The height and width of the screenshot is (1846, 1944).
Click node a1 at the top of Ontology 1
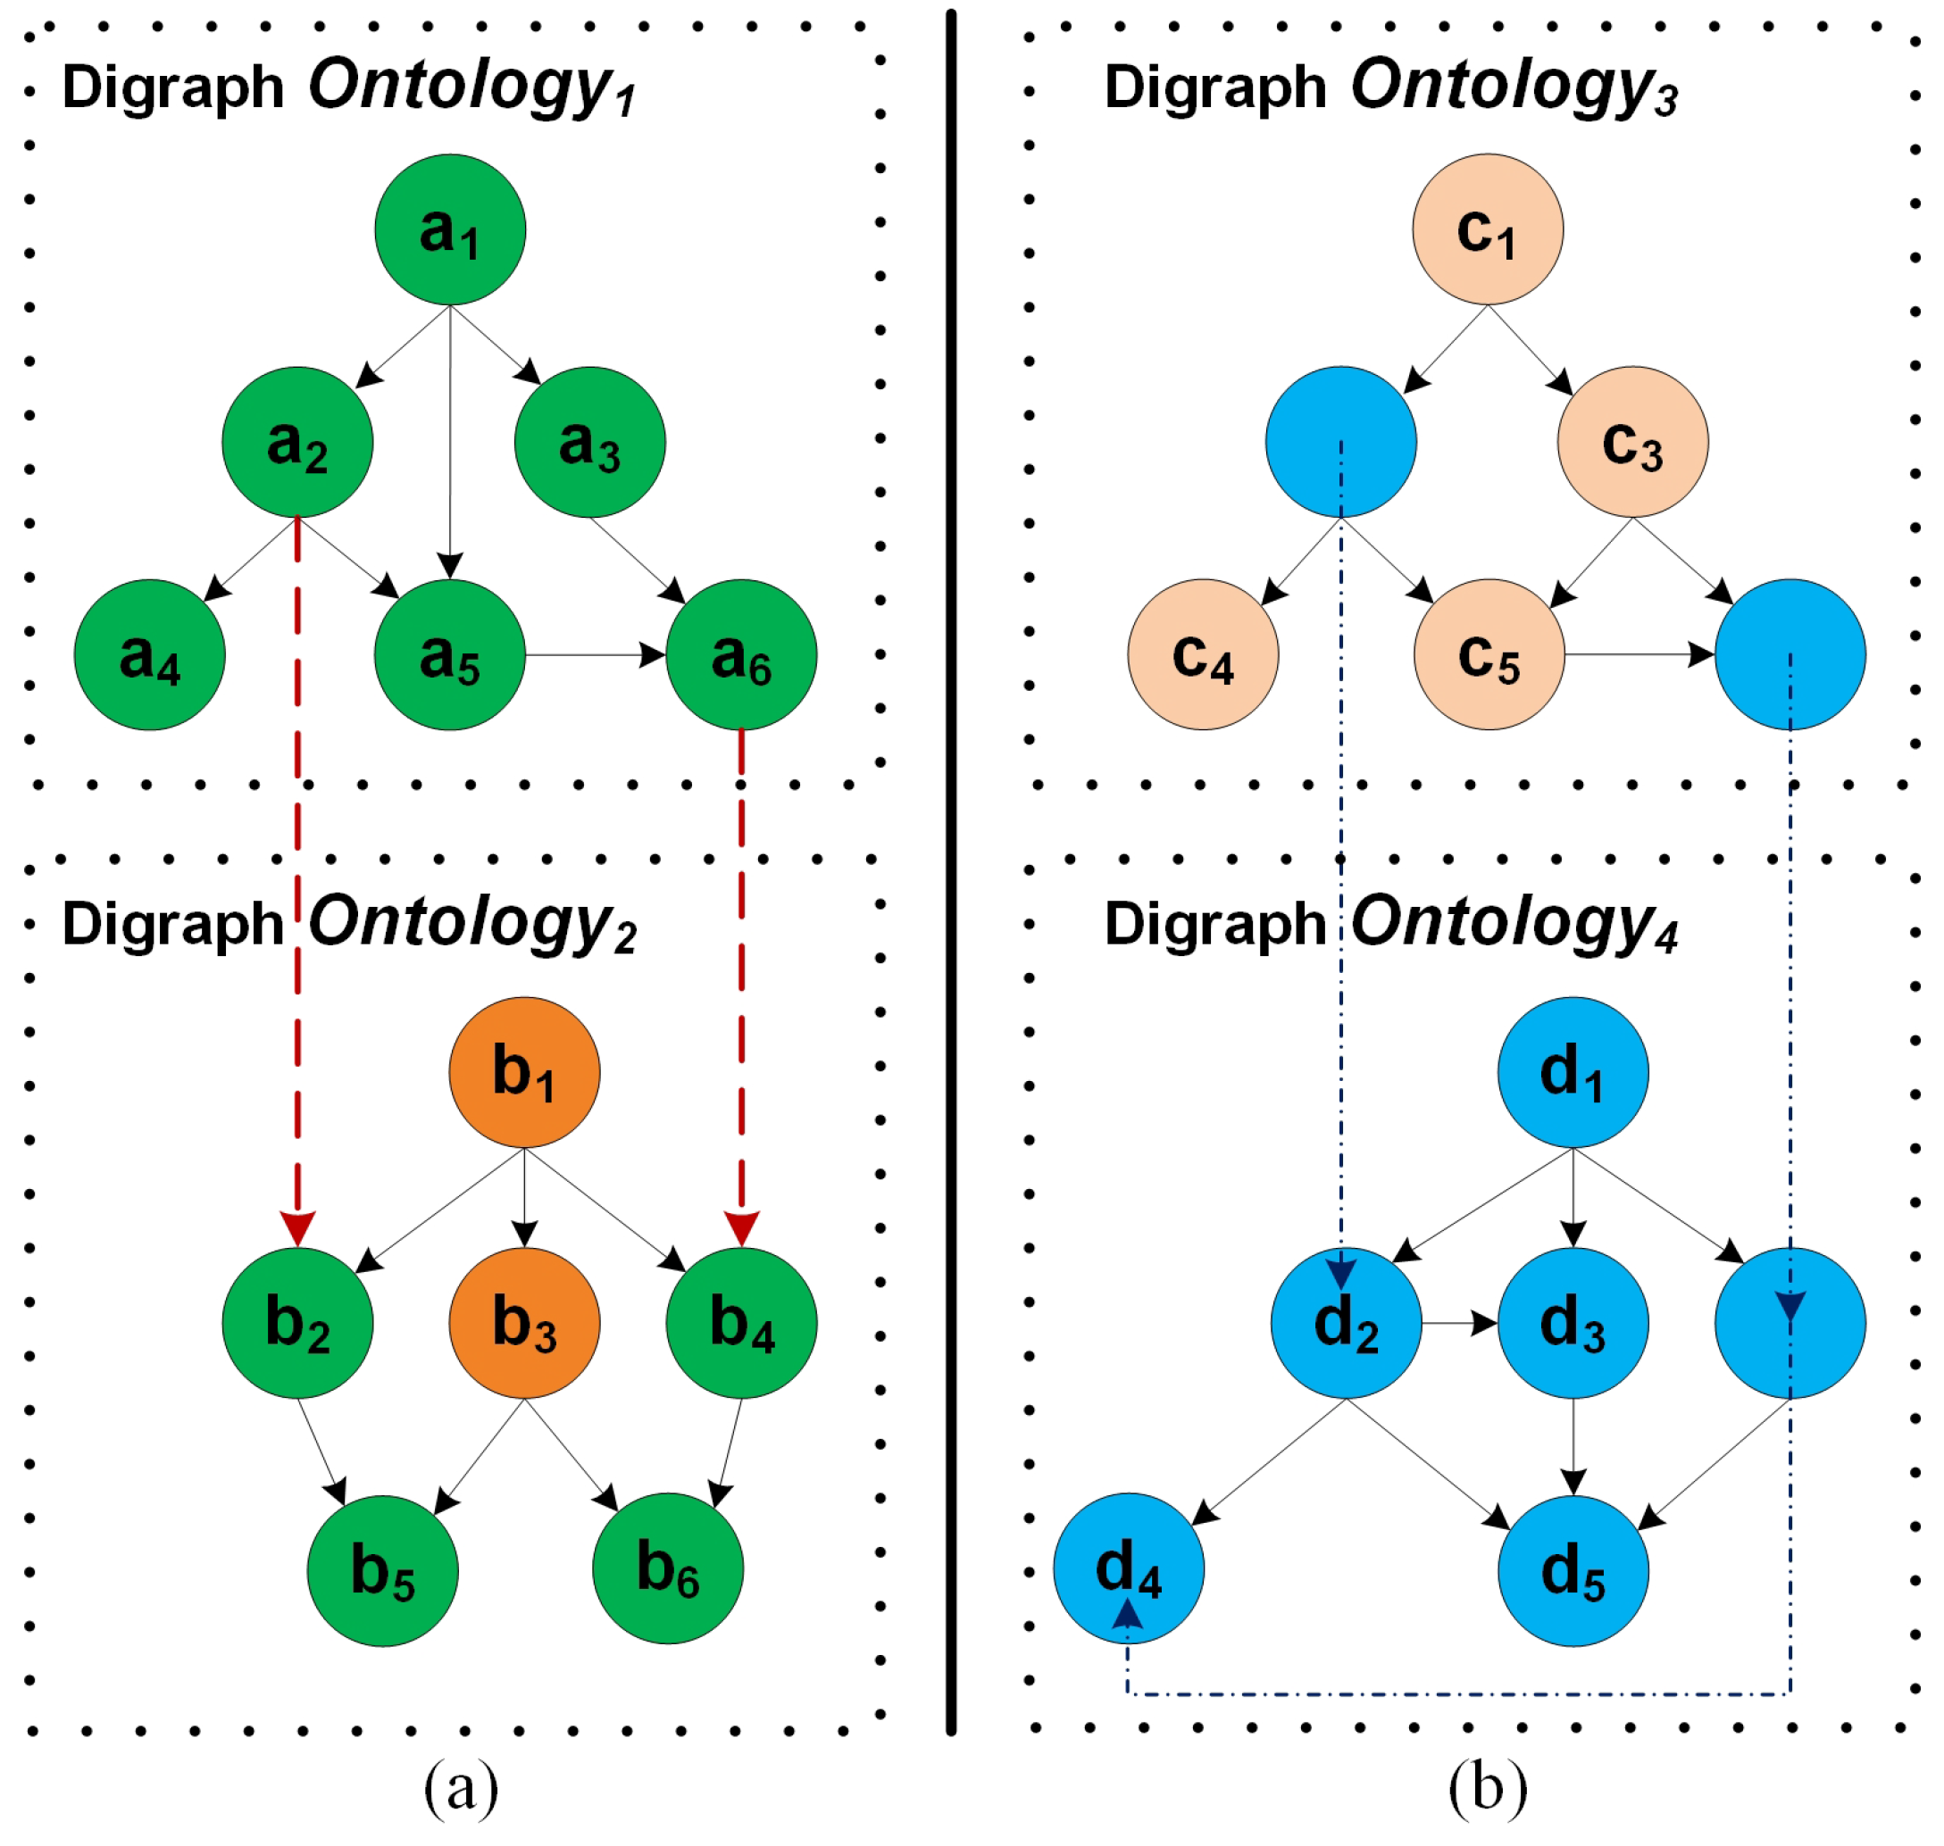point(450,229)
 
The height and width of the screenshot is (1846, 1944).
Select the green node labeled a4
point(150,654)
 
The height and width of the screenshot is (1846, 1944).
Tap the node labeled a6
point(741,654)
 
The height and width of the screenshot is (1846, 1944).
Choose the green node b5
point(382,1570)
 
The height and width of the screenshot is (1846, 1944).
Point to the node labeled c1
point(1488,229)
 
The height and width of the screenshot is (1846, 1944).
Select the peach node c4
point(1203,654)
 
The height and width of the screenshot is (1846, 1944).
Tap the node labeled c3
point(1632,442)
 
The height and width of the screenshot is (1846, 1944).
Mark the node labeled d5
point(1572,1570)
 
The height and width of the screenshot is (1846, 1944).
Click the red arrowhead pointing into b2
point(297,1228)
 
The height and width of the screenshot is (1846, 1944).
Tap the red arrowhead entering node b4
point(741,1228)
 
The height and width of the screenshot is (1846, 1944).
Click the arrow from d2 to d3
point(1459,1323)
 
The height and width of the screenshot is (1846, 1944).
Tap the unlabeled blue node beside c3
point(1340,442)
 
